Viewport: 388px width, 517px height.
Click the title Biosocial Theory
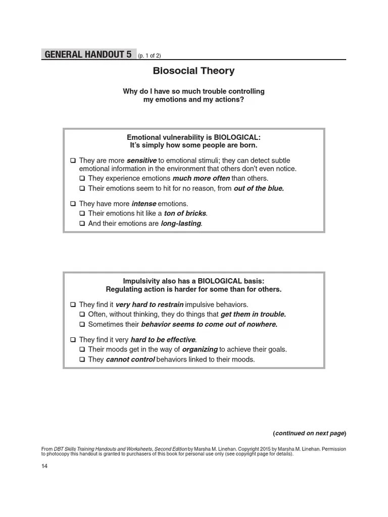193,71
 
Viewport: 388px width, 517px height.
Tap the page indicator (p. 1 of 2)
149,56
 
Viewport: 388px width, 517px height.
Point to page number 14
44,466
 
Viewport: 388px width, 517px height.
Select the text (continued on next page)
309,433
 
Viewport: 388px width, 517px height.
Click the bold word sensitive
141,161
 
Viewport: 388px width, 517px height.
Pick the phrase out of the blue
259,188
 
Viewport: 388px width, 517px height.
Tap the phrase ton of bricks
185,214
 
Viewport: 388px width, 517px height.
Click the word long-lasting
181,223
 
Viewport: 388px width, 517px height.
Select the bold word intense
143,204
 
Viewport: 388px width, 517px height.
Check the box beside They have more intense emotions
73,204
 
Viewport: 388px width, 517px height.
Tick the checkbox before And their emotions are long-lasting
82,223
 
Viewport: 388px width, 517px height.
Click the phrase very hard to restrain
150,304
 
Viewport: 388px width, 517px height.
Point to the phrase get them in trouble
253,314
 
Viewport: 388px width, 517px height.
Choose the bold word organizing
200,349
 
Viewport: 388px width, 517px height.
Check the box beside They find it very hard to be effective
73,340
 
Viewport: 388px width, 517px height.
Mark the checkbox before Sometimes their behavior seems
82,324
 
